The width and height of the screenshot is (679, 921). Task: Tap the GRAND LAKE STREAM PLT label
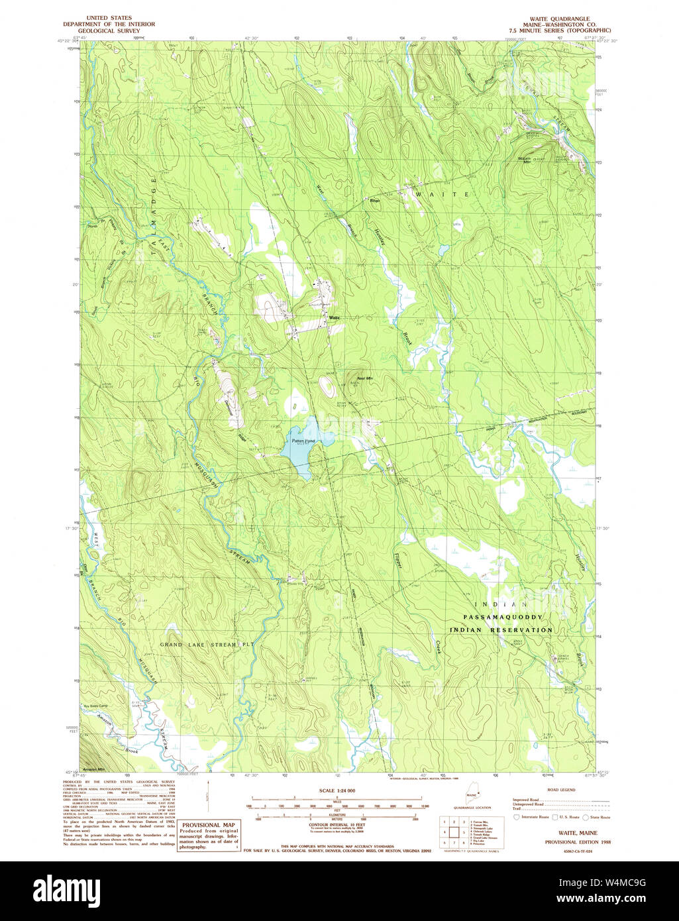tap(197, 643)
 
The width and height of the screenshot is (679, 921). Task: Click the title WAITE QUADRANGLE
tap(560, 19)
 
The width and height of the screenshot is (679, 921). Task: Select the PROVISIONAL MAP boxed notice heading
tap(209, 825)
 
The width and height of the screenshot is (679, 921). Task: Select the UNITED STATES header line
tap(105, 18)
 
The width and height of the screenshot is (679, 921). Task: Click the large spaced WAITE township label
tap(442, 194)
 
